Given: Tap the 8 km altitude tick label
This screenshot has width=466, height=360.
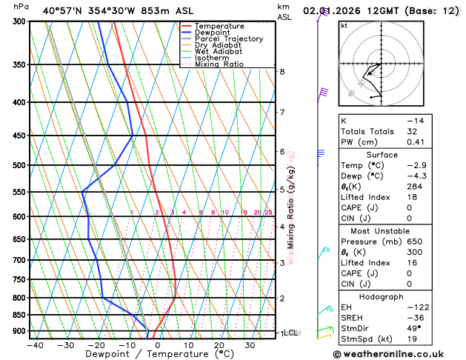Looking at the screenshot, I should coord(282,72).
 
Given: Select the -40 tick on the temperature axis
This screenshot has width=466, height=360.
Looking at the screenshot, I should coord(35,345).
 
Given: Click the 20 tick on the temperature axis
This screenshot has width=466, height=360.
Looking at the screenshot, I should coord(219,345).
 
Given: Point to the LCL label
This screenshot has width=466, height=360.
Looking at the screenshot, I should coord(290,333).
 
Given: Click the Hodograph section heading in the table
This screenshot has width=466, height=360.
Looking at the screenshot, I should coord(382,296).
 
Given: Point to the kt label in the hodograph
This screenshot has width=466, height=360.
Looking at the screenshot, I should coord(344,25).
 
